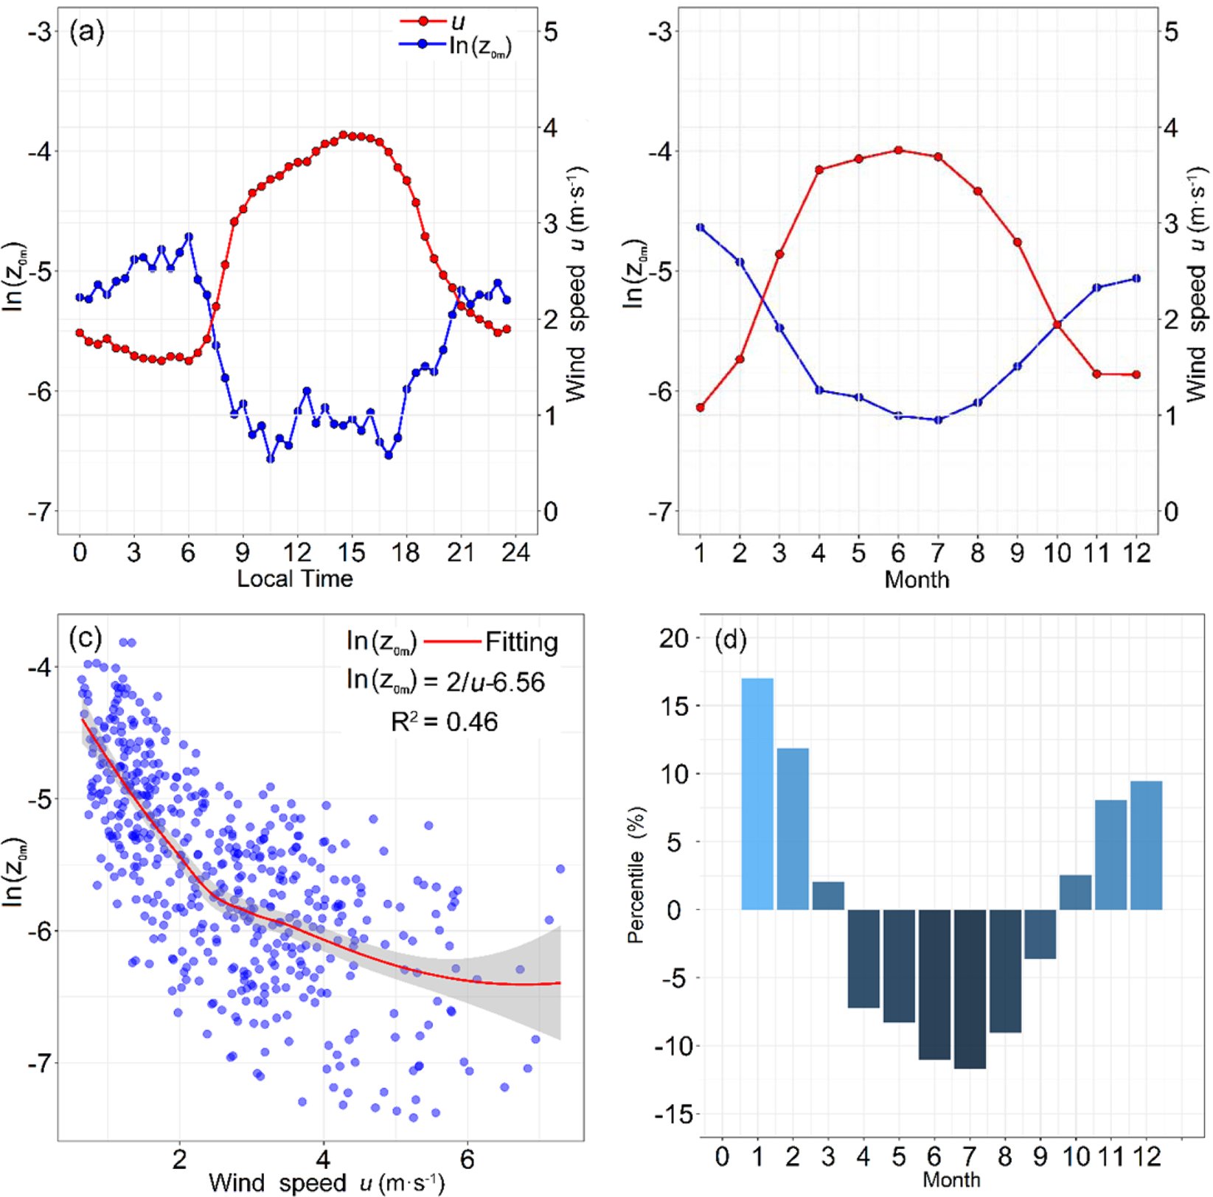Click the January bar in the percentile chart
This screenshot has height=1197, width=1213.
[x=757, y=794]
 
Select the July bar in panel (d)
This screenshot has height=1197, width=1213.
[x=970, y=988]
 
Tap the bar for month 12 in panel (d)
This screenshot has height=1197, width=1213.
[x=1146, y=845]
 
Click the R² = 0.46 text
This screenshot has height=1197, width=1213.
[x=445, y=722]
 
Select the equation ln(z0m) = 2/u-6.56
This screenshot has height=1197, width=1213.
[x=445, y=681]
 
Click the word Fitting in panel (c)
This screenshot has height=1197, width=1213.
[x=521, y=643]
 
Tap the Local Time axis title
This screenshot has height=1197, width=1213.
[x=295, y=579]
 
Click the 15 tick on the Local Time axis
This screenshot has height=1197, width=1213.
[x=352, y=552]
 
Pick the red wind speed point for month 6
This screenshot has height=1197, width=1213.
[x=898, y=150]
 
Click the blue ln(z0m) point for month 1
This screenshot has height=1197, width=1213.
[x=700, y=228]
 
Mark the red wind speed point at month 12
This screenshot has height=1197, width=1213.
[x=1136, y=374]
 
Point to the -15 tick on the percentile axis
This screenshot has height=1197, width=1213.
[x=673, y=1114]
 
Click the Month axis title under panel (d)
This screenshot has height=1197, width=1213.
[x=951, y=1179]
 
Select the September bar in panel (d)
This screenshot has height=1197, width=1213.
[x=1040, y=933]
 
